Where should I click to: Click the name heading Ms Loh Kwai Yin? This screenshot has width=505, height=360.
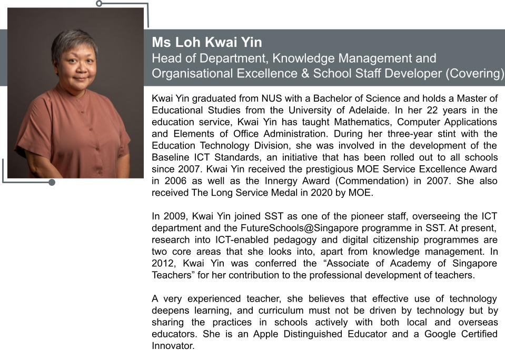(x=206, y=42)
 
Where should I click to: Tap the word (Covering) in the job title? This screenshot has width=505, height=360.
(x=474, y=74)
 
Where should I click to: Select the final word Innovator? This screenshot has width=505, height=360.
(x=173, y=346)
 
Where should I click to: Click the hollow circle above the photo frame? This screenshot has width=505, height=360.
(x=99, y=4)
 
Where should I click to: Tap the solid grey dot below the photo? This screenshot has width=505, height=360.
(x=52, y=183)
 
